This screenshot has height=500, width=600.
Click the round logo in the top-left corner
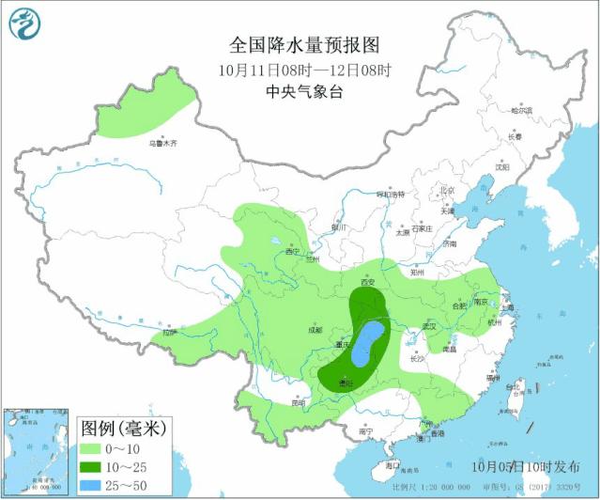coord(25,25)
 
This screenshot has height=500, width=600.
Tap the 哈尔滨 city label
coord(520,110)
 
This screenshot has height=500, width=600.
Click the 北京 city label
coord(447,192)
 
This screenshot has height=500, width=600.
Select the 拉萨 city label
coord(168,332)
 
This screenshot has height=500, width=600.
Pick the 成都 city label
coord(314,330)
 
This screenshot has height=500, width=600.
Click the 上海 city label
coord(508,307)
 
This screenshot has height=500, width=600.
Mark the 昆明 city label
coord(298,402)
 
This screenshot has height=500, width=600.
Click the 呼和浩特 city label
coord(390,195)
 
